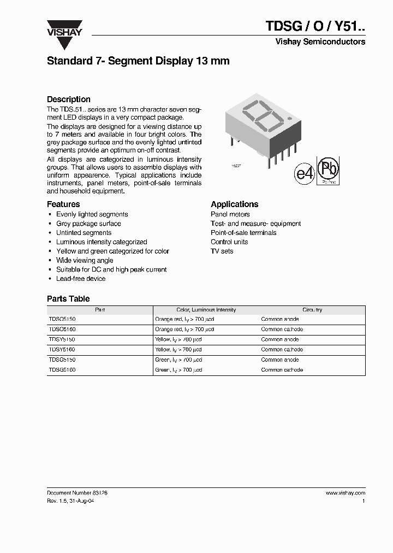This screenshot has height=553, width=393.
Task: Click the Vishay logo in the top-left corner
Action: coord(64,28)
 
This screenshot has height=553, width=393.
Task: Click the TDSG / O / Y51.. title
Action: coord(315,27)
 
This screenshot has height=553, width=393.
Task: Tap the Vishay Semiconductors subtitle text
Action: coord(320,42)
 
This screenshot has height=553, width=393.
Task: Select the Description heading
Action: coord(69,99)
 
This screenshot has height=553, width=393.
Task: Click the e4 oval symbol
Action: coord(305,173)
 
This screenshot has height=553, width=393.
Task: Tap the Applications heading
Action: coord(234,204)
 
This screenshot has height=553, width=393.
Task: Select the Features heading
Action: coord(63,204)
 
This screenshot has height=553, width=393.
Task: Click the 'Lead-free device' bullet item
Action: coord(81,279)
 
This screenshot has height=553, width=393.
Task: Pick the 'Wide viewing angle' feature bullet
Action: coord(85,261)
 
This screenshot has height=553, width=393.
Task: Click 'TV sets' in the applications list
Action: coord(222,251)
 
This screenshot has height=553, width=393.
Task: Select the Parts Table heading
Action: coord(68,299)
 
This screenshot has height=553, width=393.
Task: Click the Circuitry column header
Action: coord(312,310)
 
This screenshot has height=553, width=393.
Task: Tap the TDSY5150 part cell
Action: coord(62,339)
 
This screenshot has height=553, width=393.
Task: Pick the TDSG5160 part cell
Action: coord(62,370)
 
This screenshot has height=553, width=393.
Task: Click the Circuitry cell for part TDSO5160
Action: coord(282,330)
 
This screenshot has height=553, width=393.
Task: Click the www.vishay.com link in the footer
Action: coord(345,493)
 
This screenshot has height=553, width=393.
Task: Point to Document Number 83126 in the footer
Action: coord(77,493)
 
